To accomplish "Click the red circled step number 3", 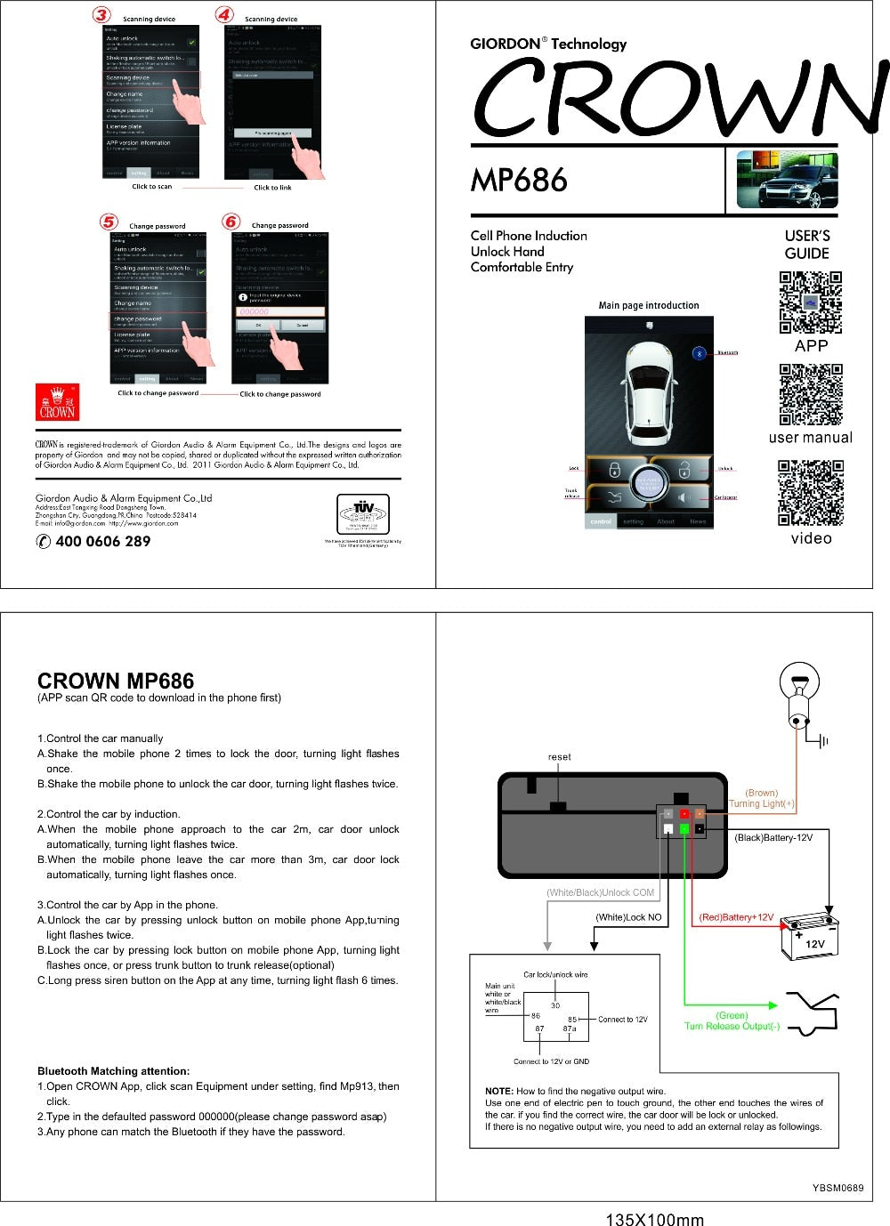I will pos(103,14).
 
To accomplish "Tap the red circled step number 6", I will pos(231,222).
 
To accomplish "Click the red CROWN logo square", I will pos(57,402).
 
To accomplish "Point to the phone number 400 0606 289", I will pos(102,541).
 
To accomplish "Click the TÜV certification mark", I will pos(362,513).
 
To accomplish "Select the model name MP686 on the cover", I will pos(519,181).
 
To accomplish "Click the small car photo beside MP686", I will pos(787,180).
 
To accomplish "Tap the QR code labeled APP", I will pos(810,303).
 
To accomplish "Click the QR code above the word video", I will pos(810,493).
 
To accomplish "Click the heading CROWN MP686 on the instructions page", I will pos(116,681).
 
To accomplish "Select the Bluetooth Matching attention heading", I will pos(113,1070).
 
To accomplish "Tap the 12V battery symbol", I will pos(809,937).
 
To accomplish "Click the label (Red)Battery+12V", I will pos(735,917).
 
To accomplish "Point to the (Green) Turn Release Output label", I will pos(732,1020).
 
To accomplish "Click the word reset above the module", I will pos(559,757).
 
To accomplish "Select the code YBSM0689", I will pos(837,1187).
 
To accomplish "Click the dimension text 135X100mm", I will pos(654,1219).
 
